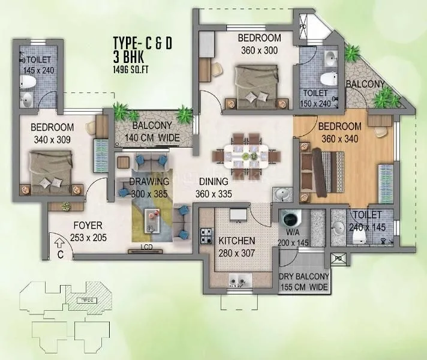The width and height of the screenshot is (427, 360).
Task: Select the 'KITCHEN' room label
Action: (237, 241)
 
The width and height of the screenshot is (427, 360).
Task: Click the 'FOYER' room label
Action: (87, 226)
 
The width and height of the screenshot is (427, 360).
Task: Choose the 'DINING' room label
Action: (213, 181)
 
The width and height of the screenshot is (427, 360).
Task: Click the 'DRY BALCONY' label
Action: (305, 277)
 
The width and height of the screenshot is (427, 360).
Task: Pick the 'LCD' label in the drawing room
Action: (146, 247)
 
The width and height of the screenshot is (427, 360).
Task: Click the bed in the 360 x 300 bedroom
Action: (255, 84)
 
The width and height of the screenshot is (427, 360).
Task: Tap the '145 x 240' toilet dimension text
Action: (39, 70)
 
